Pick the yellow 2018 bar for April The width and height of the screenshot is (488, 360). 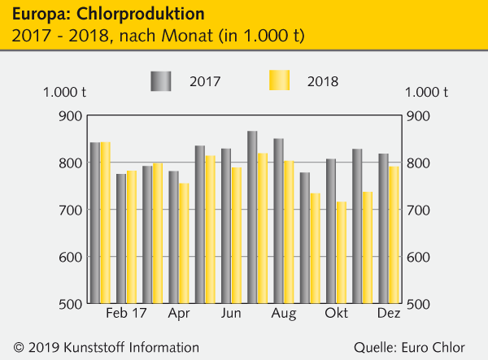pyautogui.click(x=184, y=243)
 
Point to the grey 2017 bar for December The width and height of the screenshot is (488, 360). pyautogui.click(x=383, y=228)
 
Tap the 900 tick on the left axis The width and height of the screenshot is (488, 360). pyautogui.click(x=70, y=116)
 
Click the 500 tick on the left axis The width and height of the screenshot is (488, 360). pyautogui.click(x=70, y=304)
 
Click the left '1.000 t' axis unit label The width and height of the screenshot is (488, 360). pyautogui.click(x=65, y=92)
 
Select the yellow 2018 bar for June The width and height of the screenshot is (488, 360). pyautogui.click(x=236, y=236)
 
